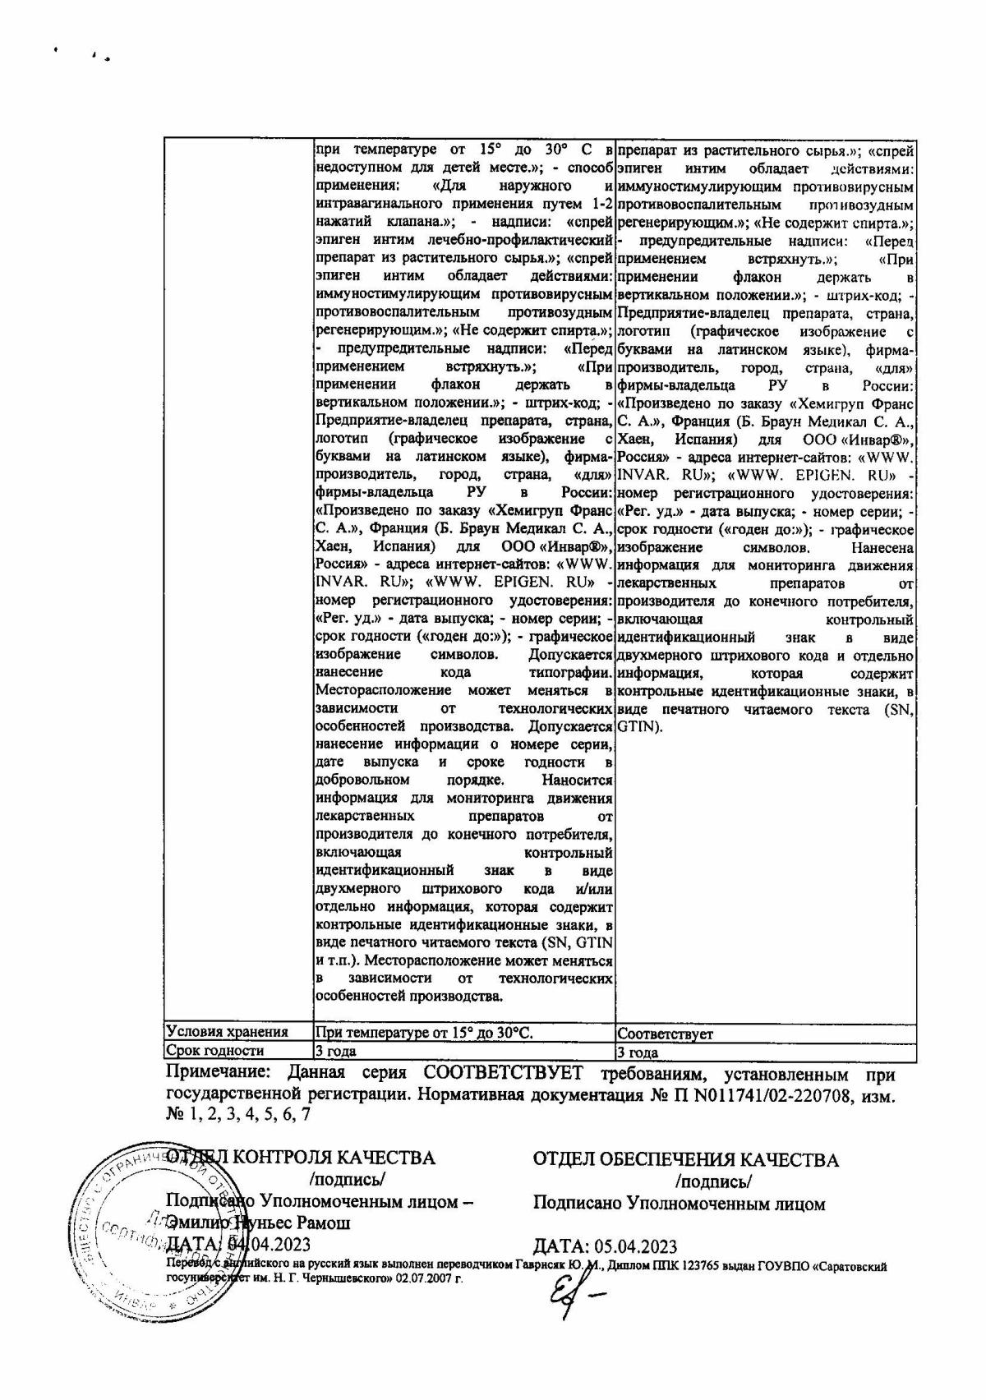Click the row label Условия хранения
pos(227,1033)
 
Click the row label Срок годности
pos(215,1051)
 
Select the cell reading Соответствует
pos(665,1034)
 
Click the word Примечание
pos(216,1075)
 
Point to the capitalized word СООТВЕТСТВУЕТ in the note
pos(502,1075)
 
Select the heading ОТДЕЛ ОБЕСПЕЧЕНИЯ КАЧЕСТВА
pos(686,1160)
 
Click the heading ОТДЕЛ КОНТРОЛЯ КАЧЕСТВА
pos(301,1158)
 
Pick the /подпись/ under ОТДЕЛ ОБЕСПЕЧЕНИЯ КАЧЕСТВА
pos(712,1182)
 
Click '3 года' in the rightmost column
pos(638,1052)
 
